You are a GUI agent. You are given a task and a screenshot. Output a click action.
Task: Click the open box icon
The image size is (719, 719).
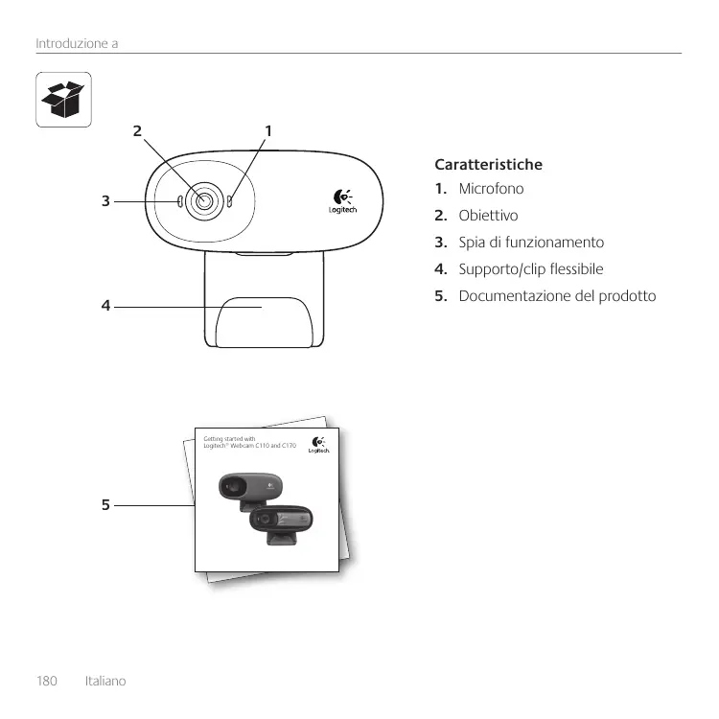click(64, 100)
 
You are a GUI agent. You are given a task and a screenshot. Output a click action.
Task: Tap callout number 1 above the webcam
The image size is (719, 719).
click(268, 129)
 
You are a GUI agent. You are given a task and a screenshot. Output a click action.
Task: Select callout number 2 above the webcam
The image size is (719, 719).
click(138, 129)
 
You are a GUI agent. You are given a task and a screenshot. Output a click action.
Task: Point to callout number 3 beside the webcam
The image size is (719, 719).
click(106, 201)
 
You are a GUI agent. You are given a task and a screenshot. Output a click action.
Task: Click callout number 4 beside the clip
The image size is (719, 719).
click(106, 307)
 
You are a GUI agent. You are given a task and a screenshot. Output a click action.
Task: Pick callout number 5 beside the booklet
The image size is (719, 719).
click(106, 503)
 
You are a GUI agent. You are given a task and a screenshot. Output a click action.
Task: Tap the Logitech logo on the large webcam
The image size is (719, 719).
click(342, 201)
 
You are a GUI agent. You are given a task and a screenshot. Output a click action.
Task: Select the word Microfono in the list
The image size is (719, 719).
click(491, 190)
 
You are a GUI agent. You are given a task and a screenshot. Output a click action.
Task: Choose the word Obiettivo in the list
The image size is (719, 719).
click(488, 217)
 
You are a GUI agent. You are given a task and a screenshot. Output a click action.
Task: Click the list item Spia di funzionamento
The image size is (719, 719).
click(531, 244)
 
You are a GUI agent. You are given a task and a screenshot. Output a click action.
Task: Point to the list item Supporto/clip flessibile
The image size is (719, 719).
click(531, 269)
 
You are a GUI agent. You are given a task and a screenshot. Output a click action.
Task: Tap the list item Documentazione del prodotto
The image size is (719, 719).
click(557, 295)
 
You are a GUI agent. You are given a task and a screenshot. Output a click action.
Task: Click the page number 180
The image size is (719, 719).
click(47, 682)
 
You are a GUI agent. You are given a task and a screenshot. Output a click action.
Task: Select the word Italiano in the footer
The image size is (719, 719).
click(105, 682)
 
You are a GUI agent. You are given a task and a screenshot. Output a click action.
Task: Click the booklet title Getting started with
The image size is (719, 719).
click(230, 439)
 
